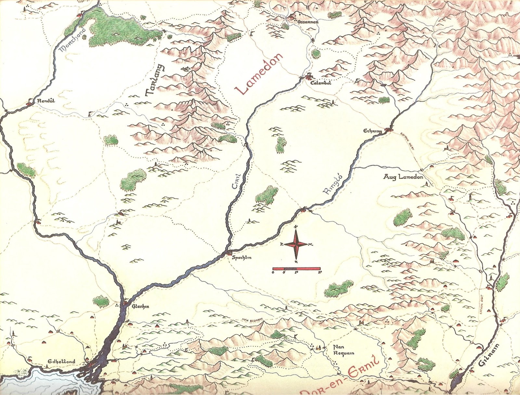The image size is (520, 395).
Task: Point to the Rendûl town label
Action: coord(46,101)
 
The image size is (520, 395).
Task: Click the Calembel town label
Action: coord(320,83)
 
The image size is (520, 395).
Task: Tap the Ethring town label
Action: coord(372,131)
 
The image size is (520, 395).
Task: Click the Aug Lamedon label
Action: coord(403,177)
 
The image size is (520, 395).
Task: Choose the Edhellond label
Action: coord(61,361)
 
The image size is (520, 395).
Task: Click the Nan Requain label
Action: coord(343,350)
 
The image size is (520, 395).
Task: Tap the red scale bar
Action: coord(296,269)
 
